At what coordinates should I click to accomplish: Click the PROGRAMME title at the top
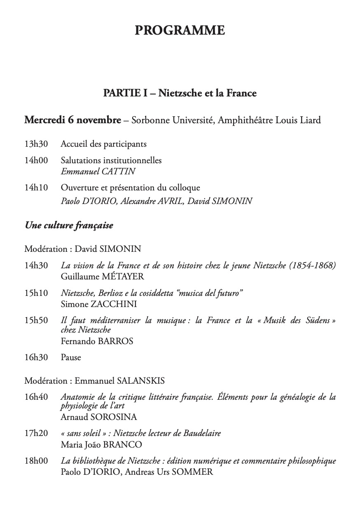[x=180, y=30]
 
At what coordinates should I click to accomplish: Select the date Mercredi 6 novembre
[x=72, y=120]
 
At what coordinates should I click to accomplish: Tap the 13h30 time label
[x=36, y=144]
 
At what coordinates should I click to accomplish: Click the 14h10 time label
[x=36, y=188]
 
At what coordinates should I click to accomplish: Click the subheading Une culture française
[x=69, y=225]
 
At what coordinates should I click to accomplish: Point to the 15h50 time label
[x=36, y=321]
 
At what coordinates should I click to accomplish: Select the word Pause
[x=71, y=357]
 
